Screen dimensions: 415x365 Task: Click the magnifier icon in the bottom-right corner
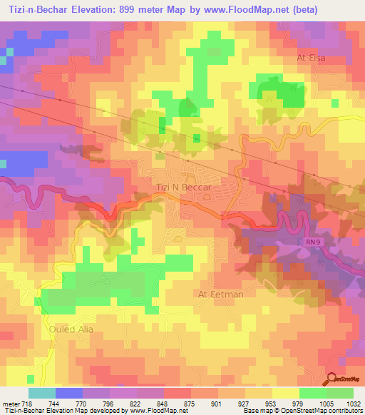[331, 379]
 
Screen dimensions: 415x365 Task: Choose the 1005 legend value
[324, 403]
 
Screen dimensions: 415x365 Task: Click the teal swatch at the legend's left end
[41, 393]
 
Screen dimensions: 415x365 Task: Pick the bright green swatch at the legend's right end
[340, 393]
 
